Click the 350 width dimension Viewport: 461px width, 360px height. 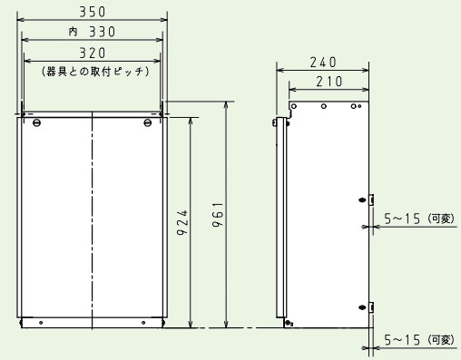92,12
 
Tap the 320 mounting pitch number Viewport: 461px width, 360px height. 92,52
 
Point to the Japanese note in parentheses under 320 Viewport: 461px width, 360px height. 93,70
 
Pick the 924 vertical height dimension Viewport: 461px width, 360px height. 181,219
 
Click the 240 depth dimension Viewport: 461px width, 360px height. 322,62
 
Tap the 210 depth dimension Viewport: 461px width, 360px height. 329,82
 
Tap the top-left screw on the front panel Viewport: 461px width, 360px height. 36,122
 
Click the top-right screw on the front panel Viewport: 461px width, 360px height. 147,122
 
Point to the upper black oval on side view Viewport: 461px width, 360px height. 362,199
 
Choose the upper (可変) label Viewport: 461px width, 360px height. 442,218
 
